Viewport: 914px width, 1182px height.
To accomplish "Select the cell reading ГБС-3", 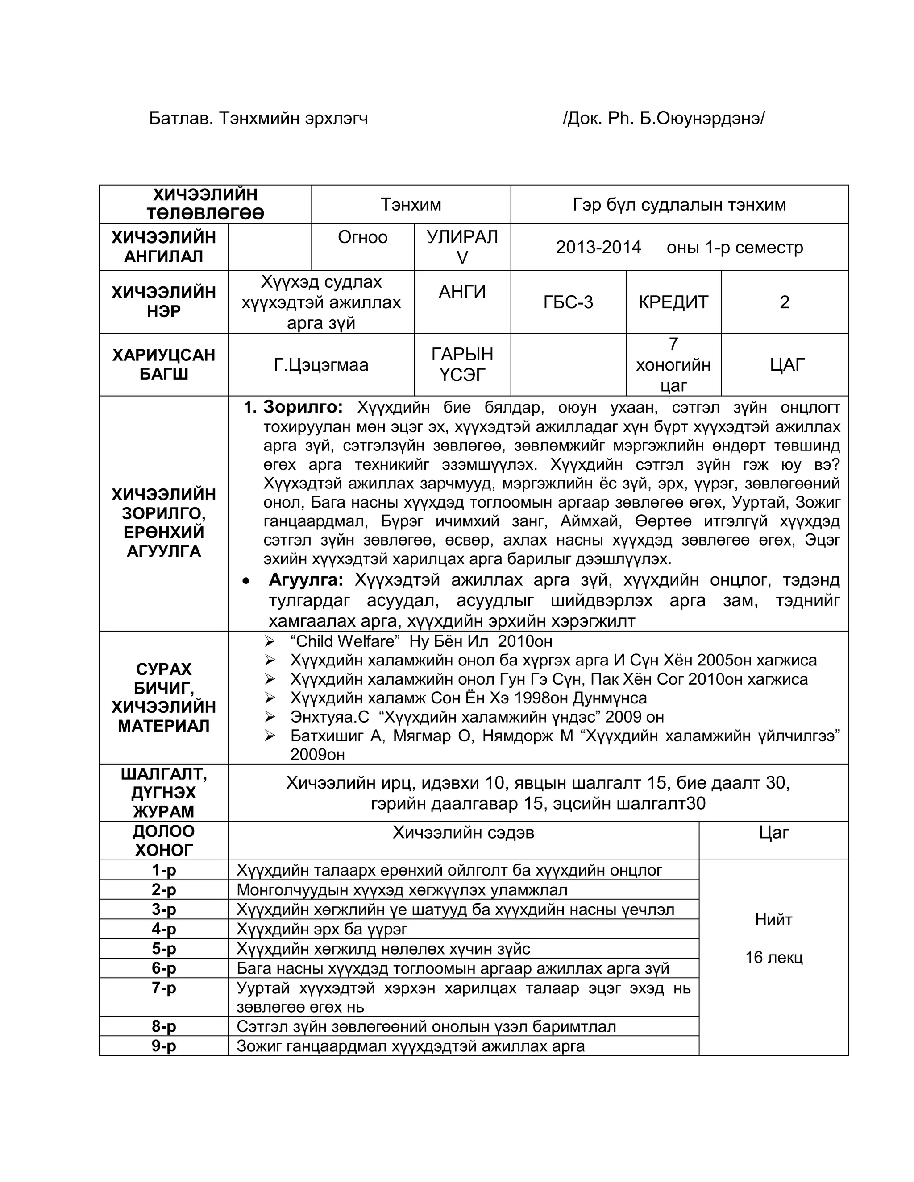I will click(568, 302).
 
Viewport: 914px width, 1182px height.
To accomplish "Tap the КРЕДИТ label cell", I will click(673, 302).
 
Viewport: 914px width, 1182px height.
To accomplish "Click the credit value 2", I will click(784, 302).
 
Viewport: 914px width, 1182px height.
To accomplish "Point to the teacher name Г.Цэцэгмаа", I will click(320, 364).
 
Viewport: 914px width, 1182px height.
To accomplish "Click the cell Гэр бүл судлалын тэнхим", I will click(679, 205).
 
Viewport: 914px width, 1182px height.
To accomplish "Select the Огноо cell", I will click(362, 237).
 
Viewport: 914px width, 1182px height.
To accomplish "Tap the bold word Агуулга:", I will click(306, 580).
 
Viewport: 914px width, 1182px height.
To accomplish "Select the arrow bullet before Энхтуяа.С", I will click(270, 717).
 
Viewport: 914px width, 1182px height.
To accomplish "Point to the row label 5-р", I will click(163, 949).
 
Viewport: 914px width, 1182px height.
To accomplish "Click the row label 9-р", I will click(163, 1046).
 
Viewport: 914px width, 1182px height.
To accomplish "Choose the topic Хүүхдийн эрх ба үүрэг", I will click(322, 929).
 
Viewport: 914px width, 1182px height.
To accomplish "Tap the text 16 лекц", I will click(773, 957).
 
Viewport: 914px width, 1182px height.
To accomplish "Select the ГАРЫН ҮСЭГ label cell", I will click(462, 364).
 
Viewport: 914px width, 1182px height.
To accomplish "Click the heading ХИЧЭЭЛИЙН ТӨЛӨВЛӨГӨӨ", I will click(205, 204).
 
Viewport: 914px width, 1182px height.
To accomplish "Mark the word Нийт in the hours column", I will click(773, 920).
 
